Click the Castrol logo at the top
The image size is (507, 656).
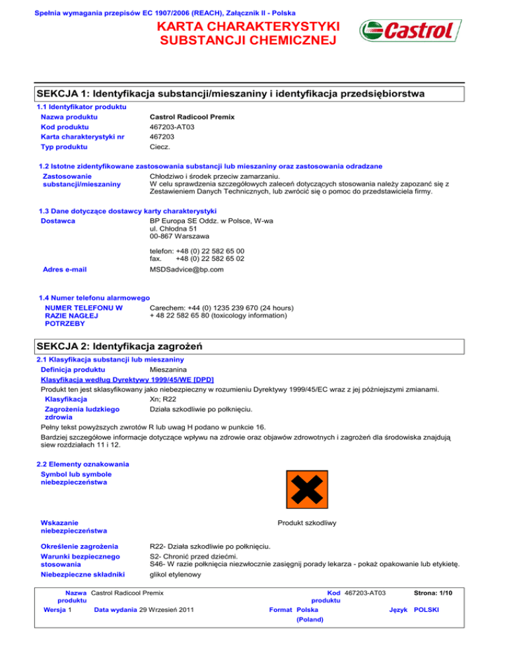coord(405,32)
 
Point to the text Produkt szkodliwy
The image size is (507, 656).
coord(308,523)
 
